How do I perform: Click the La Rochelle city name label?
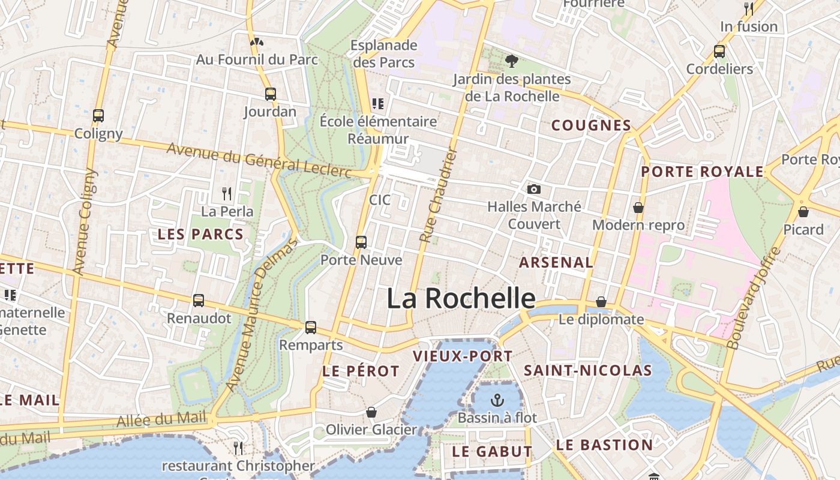click(461, 298)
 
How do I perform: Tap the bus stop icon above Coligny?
click(98, 116)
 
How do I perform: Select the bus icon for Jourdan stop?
click(271, 94)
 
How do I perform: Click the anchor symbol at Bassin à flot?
click(497, 400)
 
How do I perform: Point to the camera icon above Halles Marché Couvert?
click(533, 190)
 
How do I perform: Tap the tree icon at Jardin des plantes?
click(511, 61)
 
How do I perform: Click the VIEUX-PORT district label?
click(463, 356)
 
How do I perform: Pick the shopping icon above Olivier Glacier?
click(371, 412)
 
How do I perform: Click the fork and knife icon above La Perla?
click(227, 194)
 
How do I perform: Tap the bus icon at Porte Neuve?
click(361, 242)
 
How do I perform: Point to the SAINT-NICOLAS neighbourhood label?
click(587, 371)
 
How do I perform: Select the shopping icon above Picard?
click(803, 212)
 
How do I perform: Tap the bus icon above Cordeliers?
click(719, 52)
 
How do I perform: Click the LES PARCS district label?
click(200, 235)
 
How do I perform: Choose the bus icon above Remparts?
click(310, 328)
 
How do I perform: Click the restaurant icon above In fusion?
click(749, 8)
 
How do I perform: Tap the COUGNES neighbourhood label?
click(591, 125)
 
